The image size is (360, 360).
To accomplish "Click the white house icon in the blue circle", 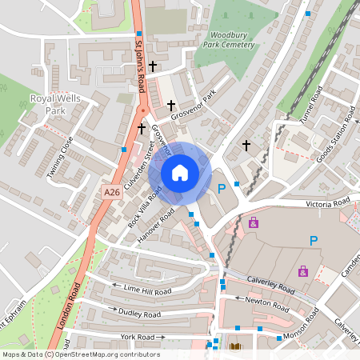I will (x=179, y=173).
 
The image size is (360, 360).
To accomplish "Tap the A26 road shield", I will (x=112, y=193).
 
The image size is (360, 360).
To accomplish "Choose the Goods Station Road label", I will (x=335, y=139).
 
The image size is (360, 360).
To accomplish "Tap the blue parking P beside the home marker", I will (x=222, y=189).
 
